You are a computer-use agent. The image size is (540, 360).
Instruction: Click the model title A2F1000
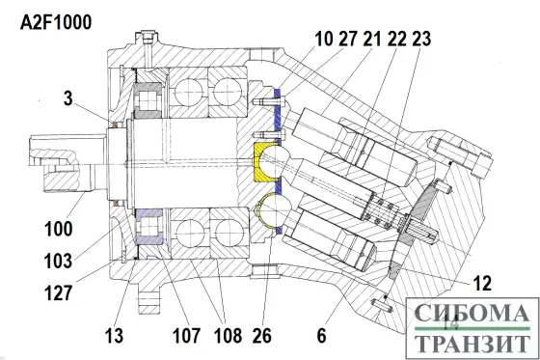pyautogui.click(x=56, y=23)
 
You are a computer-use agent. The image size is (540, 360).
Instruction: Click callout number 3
pyautogui.click(x=68, y=98)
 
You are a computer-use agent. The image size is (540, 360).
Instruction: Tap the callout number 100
pyautogui.click(x=59, y=229)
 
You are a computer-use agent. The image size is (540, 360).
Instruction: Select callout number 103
pyautogui.click(x=59, y=261)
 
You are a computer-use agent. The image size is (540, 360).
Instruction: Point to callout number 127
pyautogui.click(x=59, y=293)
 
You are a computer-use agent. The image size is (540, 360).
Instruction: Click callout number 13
pyautogui.click(x=114, y=336)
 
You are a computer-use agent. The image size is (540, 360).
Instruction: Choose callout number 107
pyautogui.click(x=186, y=336)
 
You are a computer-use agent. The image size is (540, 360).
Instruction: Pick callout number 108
pyautogui.click(x=228, y=336)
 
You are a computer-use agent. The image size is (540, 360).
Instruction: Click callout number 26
pyautogui.click(x=262, y=336)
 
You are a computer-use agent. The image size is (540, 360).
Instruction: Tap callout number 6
pyautogui.click(x=322, y=336)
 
